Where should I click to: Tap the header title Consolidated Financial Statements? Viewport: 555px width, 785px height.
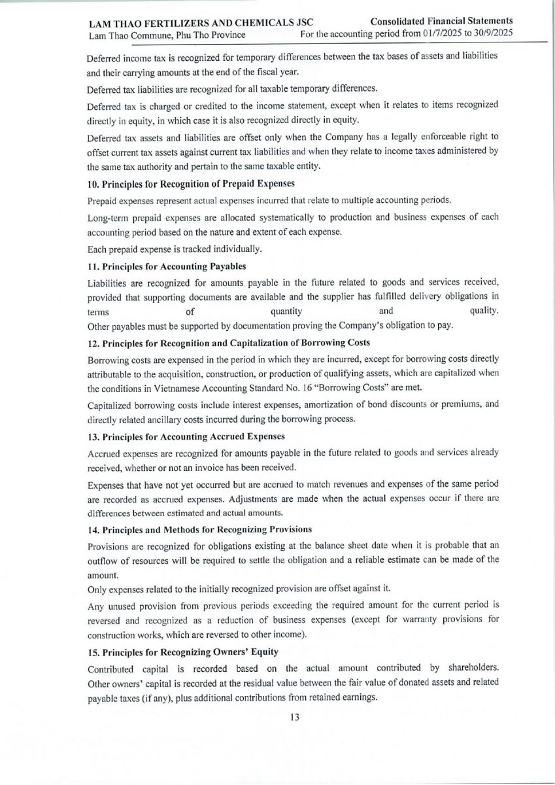(441, 22)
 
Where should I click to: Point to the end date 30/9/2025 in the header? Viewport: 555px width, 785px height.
(489, 33)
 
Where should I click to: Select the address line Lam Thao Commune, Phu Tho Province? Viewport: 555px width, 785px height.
(167, 34)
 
